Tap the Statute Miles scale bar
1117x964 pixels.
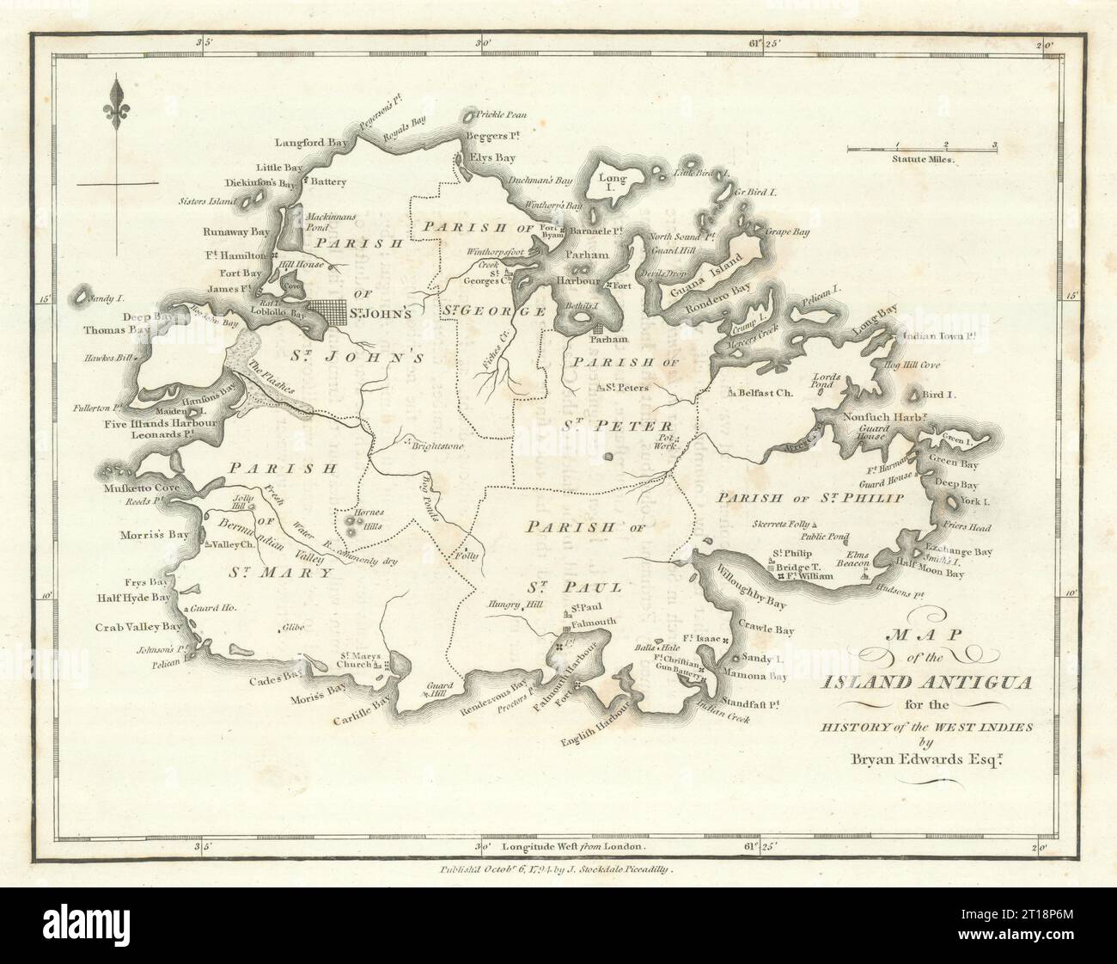click(921, 150)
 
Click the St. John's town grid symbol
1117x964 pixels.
click(327, 312)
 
